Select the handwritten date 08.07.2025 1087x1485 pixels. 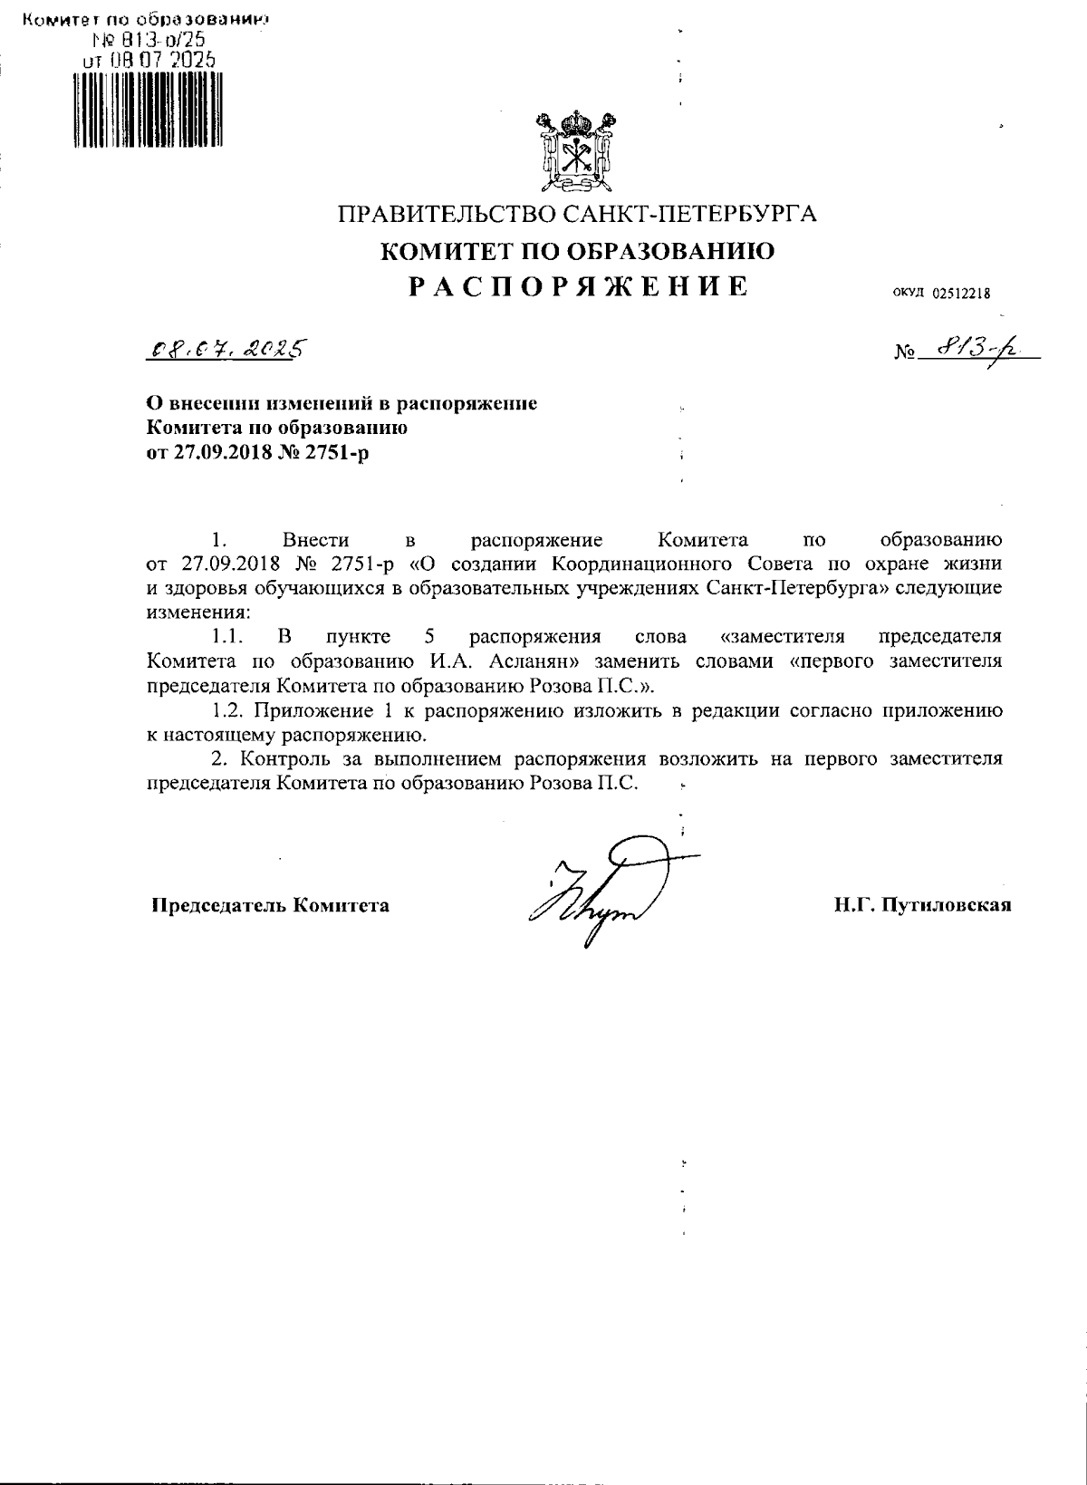[226, 350]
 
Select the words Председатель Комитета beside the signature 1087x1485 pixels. [270, 904]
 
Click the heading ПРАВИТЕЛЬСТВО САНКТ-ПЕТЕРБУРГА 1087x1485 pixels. [577, 215]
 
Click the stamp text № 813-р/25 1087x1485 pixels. [148, 39]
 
